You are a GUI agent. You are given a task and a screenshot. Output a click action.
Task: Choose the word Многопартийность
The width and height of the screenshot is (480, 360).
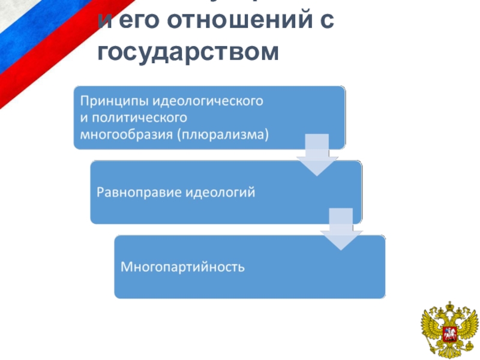pos(183,266)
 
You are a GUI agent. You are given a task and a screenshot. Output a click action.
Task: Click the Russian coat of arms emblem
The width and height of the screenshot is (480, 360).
pos(449,331)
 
